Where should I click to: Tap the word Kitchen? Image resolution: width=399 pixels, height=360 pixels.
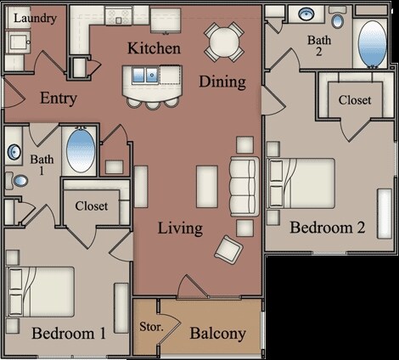(154, 48)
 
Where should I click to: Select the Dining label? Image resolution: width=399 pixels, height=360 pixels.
(222, 82)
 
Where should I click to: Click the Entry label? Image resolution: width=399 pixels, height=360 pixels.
(59, 98)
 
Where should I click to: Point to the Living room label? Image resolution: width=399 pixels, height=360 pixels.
(180, 228)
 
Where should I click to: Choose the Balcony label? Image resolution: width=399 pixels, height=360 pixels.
(217, 334)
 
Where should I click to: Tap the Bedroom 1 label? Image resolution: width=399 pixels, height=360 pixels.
(69, 334)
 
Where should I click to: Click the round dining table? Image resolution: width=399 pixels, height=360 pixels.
(224, 40)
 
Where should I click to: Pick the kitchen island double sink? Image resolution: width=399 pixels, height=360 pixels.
(151, 74)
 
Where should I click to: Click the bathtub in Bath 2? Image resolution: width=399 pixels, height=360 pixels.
(372, 43)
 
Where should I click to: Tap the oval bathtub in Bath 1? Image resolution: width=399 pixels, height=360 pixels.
(81, 150)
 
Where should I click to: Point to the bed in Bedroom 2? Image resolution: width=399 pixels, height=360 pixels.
(299, 184)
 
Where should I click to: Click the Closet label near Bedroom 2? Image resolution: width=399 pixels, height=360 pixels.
(354, 99)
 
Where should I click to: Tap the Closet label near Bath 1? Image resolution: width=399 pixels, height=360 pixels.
(92, 205)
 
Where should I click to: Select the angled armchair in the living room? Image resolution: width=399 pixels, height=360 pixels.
(228, 249)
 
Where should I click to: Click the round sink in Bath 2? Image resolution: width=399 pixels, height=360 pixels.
(304, 14)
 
